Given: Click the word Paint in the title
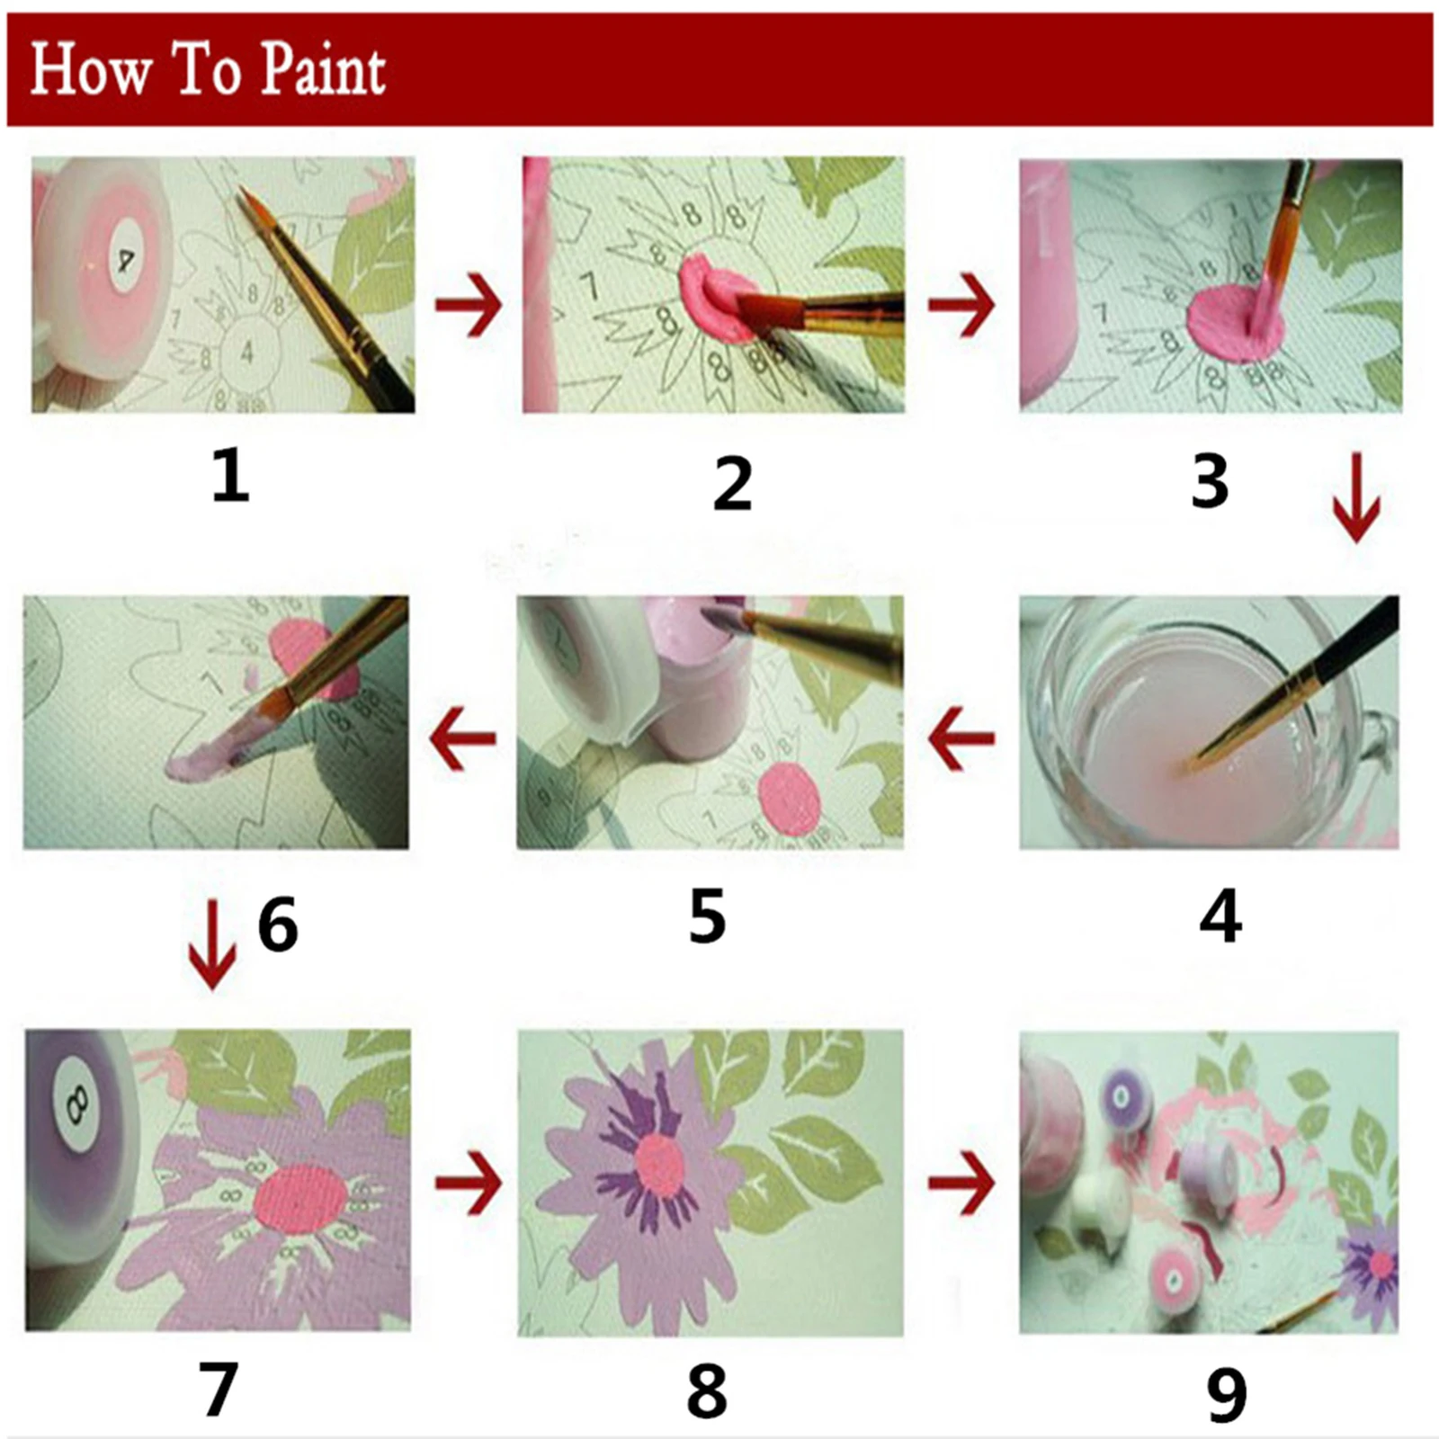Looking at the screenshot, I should coord(322,72).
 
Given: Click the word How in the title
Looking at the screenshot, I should coord(90,70).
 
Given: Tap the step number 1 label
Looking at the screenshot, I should coord(230,477).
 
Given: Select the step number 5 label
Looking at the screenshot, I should coord(707,916).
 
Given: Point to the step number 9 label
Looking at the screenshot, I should coord(1227,1394).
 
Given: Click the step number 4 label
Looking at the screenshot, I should coord(1220,916).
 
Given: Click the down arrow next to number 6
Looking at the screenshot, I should coord(212,944).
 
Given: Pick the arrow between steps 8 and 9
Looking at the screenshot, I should coord(961,1181).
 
